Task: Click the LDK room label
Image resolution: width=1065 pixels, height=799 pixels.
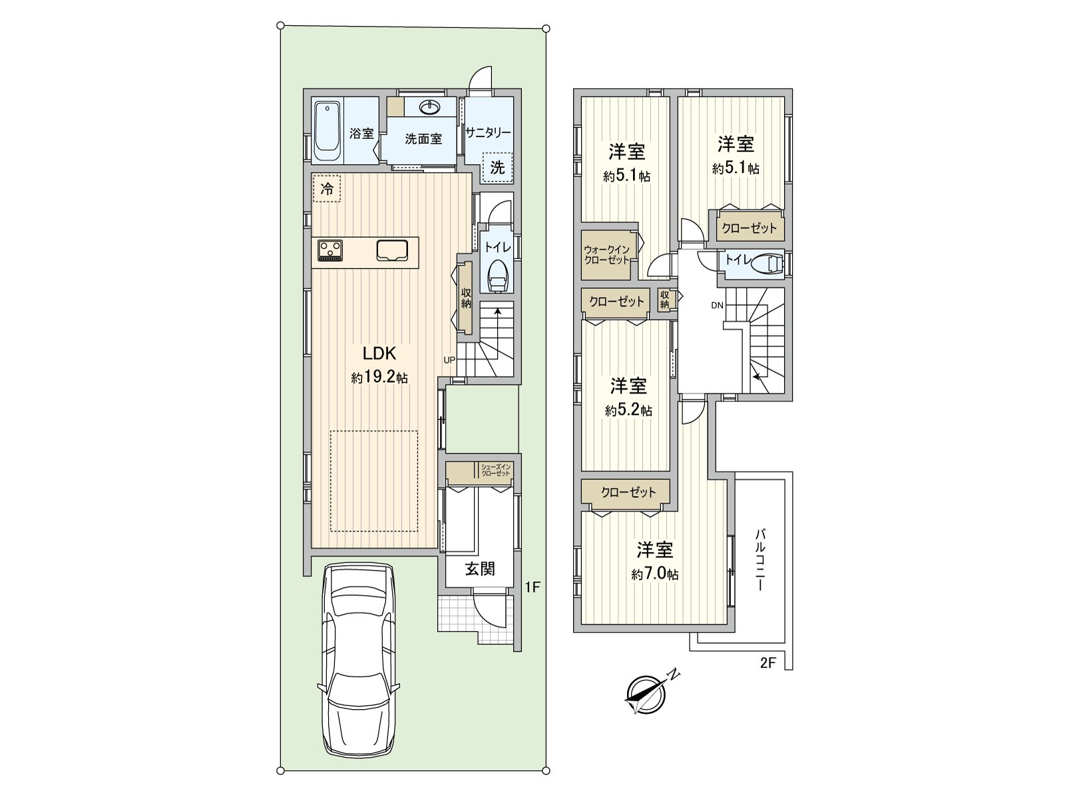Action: coord(379,353)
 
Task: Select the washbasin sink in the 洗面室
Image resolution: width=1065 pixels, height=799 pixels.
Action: coord(430,107)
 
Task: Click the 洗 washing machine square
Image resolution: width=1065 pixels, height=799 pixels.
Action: coord(497,168)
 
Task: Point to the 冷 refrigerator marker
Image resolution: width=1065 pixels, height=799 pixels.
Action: coord(326,188)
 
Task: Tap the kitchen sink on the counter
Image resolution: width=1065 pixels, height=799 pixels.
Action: coord(393,250)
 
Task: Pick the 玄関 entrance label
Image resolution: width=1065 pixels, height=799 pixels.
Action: coord(479,569)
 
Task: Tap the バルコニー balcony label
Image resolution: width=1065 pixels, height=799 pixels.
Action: coord(760,560)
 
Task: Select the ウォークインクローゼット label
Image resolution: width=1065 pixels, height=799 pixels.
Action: coord(606,255)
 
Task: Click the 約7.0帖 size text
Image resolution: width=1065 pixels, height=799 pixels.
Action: coord(655,574)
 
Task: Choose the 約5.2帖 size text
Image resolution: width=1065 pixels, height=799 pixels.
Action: coord(628,410)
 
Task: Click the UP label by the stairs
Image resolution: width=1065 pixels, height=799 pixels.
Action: coord(449,360)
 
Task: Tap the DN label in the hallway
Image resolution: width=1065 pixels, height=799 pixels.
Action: coord(716,306)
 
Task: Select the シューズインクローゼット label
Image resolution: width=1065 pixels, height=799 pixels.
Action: coord(495,469)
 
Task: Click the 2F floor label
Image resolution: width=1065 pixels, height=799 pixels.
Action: coord(768,663)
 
